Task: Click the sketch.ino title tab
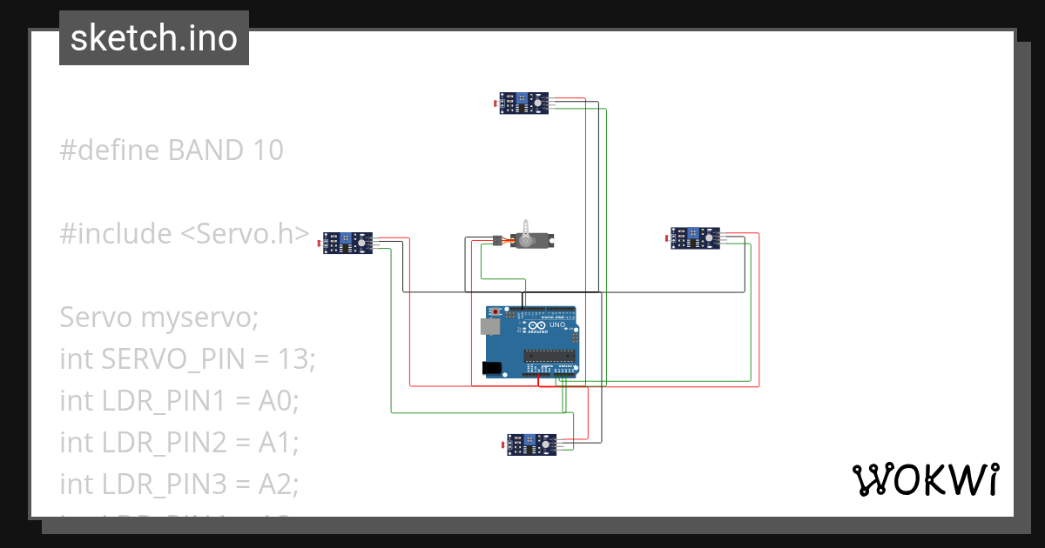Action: [154, 38]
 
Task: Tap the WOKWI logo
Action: [924, 479]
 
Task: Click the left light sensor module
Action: [348, 242]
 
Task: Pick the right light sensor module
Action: [696, 237]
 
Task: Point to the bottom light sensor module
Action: [532, 444]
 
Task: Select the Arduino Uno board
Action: [532, 343]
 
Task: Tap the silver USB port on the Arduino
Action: [488, 326]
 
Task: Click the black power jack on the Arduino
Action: [492, 368]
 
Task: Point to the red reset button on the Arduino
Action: [497, 311]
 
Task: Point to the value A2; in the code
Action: [279, 484]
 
